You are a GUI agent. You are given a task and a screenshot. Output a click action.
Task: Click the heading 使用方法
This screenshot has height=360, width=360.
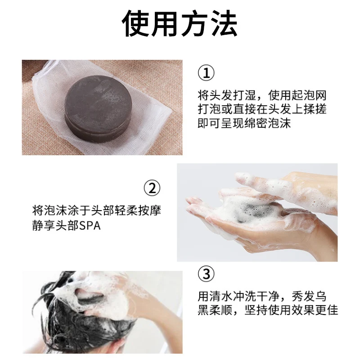click(x=180, y=25)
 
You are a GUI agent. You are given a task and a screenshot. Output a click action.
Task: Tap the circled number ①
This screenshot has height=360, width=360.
click(x=206, y=73)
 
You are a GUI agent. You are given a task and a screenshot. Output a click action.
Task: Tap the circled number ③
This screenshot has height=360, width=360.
click(x=206, y=274)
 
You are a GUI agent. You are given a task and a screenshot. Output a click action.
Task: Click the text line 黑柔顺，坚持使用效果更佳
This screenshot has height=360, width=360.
click(x=268, y=310)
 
